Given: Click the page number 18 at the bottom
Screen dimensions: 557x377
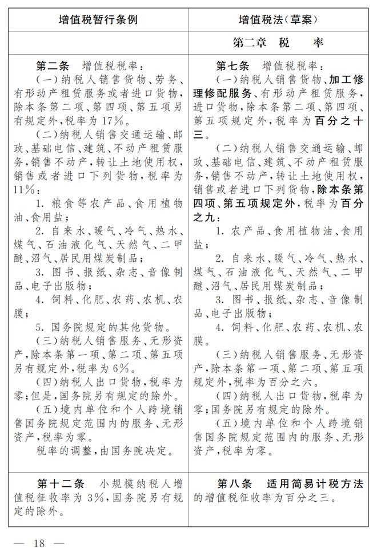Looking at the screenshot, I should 39,542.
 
